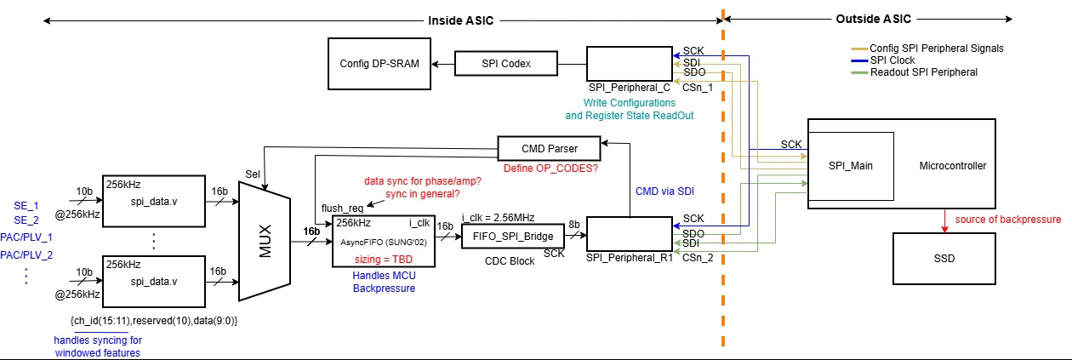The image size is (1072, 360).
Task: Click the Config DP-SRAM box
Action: tap(379, 64)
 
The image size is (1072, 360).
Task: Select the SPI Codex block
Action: tap(505, 64)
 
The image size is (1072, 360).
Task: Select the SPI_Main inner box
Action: tap(851, 167)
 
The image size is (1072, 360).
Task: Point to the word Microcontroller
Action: tap(953, 167)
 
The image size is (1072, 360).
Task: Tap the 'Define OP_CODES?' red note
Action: tap(550, 168)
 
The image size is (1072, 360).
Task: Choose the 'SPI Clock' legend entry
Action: tap(891, 60)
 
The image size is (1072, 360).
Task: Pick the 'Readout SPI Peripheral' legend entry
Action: tap(922, 72)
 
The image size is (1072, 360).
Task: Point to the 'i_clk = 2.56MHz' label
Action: tap(498, 218)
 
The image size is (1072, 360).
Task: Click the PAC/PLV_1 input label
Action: tap(26, 237)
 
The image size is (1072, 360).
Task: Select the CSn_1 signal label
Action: tap(698, 87)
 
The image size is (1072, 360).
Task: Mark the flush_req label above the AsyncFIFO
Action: tap(342, 208)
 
